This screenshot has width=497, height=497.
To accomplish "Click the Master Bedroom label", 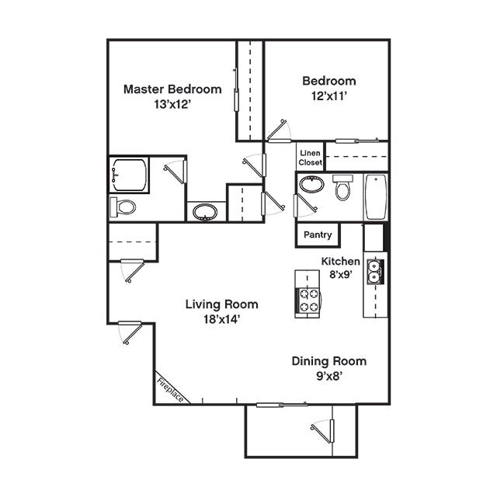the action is pyautogui.click(x=172, y=89).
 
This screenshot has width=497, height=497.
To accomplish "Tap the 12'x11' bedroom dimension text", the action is pyautogui.click(x=329, y=96).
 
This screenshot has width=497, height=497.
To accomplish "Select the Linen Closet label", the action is pyautogui.click(x=311, y=158).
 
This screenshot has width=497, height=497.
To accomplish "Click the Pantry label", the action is pyautogui.click(x=318, y=235).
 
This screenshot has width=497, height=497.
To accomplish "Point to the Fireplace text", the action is pyautogui.click(x=170, y=390).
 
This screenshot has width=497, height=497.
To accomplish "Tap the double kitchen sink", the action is pyautogui.click(x=375, y=272).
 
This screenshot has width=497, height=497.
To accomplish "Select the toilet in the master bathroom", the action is pyautogui.click(x=123, y=207).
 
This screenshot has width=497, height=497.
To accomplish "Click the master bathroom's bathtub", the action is pyautogui.click(x=130, y=175).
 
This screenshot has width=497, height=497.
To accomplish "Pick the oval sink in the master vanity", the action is pyautogui.click(x=205, y=212).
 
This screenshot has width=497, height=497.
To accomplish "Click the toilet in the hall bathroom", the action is pyautogui.click(x=342, y=188).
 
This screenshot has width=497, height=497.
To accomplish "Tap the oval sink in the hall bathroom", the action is pyautogui.click(x=312, y=184).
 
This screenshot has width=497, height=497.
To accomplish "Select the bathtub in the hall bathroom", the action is pyautogui.click(x=376, y=196).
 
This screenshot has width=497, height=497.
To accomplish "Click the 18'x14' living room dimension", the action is pyautogui.click(x=221, y=319).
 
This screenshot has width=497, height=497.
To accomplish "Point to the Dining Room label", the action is pyautogui.click(x=329, y=361).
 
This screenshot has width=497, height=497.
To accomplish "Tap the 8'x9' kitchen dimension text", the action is pyautogui.click(x=341, y=274).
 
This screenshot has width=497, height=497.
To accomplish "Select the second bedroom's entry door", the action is pyautogui.click(x=279, y=130).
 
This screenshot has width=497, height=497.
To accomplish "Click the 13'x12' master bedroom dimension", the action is pyautogui.click(x=172, y=104).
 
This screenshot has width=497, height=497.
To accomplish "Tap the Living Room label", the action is pyautogui.click(x=221, y=304).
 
